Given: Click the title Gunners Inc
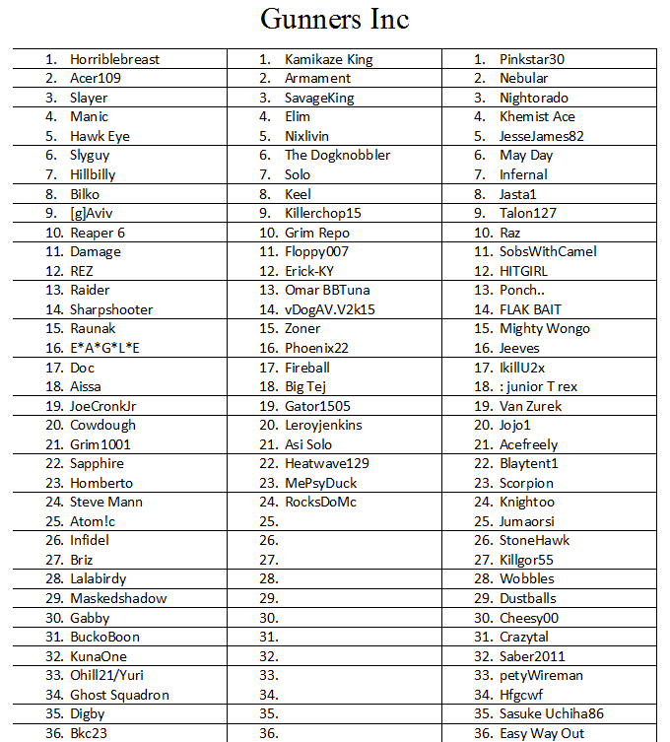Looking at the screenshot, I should click(334, 19).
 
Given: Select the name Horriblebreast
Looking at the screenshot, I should click(114, 59).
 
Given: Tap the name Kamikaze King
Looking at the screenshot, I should click(328, 59).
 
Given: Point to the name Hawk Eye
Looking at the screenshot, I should click(100, 136).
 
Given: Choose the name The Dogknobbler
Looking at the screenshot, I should click(337, 156).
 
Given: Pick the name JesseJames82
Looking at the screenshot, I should click(541, 136).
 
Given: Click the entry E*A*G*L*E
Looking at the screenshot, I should click(104, 348).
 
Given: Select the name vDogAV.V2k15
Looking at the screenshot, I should click(330, 309).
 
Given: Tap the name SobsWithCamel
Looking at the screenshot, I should click(548, 251).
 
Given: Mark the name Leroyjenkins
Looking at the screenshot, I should click(323, 425).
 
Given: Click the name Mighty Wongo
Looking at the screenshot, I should click(545, 328).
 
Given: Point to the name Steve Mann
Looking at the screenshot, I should click(106, 502).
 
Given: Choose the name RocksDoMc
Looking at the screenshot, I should click(320, 502).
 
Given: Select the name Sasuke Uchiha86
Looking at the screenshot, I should click(552, 713).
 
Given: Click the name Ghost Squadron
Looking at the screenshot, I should click(119, 695).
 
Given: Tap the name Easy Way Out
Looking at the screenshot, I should click(542, 733).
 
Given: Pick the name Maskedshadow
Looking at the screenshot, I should click(118, 598).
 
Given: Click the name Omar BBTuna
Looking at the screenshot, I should click(328, 290).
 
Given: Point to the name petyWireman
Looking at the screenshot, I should click(541, 675).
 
